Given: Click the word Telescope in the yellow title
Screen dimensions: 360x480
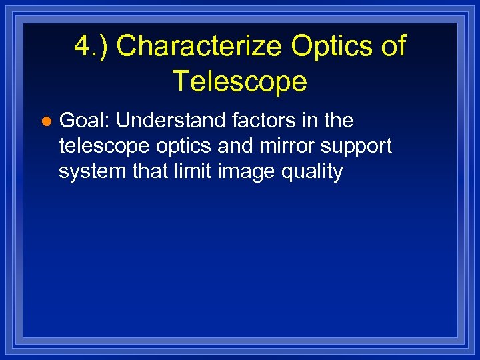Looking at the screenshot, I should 240,81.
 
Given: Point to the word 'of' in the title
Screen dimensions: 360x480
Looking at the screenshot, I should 392,47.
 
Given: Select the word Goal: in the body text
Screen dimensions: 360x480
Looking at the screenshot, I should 85,121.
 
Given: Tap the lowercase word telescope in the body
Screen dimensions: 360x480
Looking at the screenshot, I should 102,146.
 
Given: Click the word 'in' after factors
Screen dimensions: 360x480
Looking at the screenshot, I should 307,121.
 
